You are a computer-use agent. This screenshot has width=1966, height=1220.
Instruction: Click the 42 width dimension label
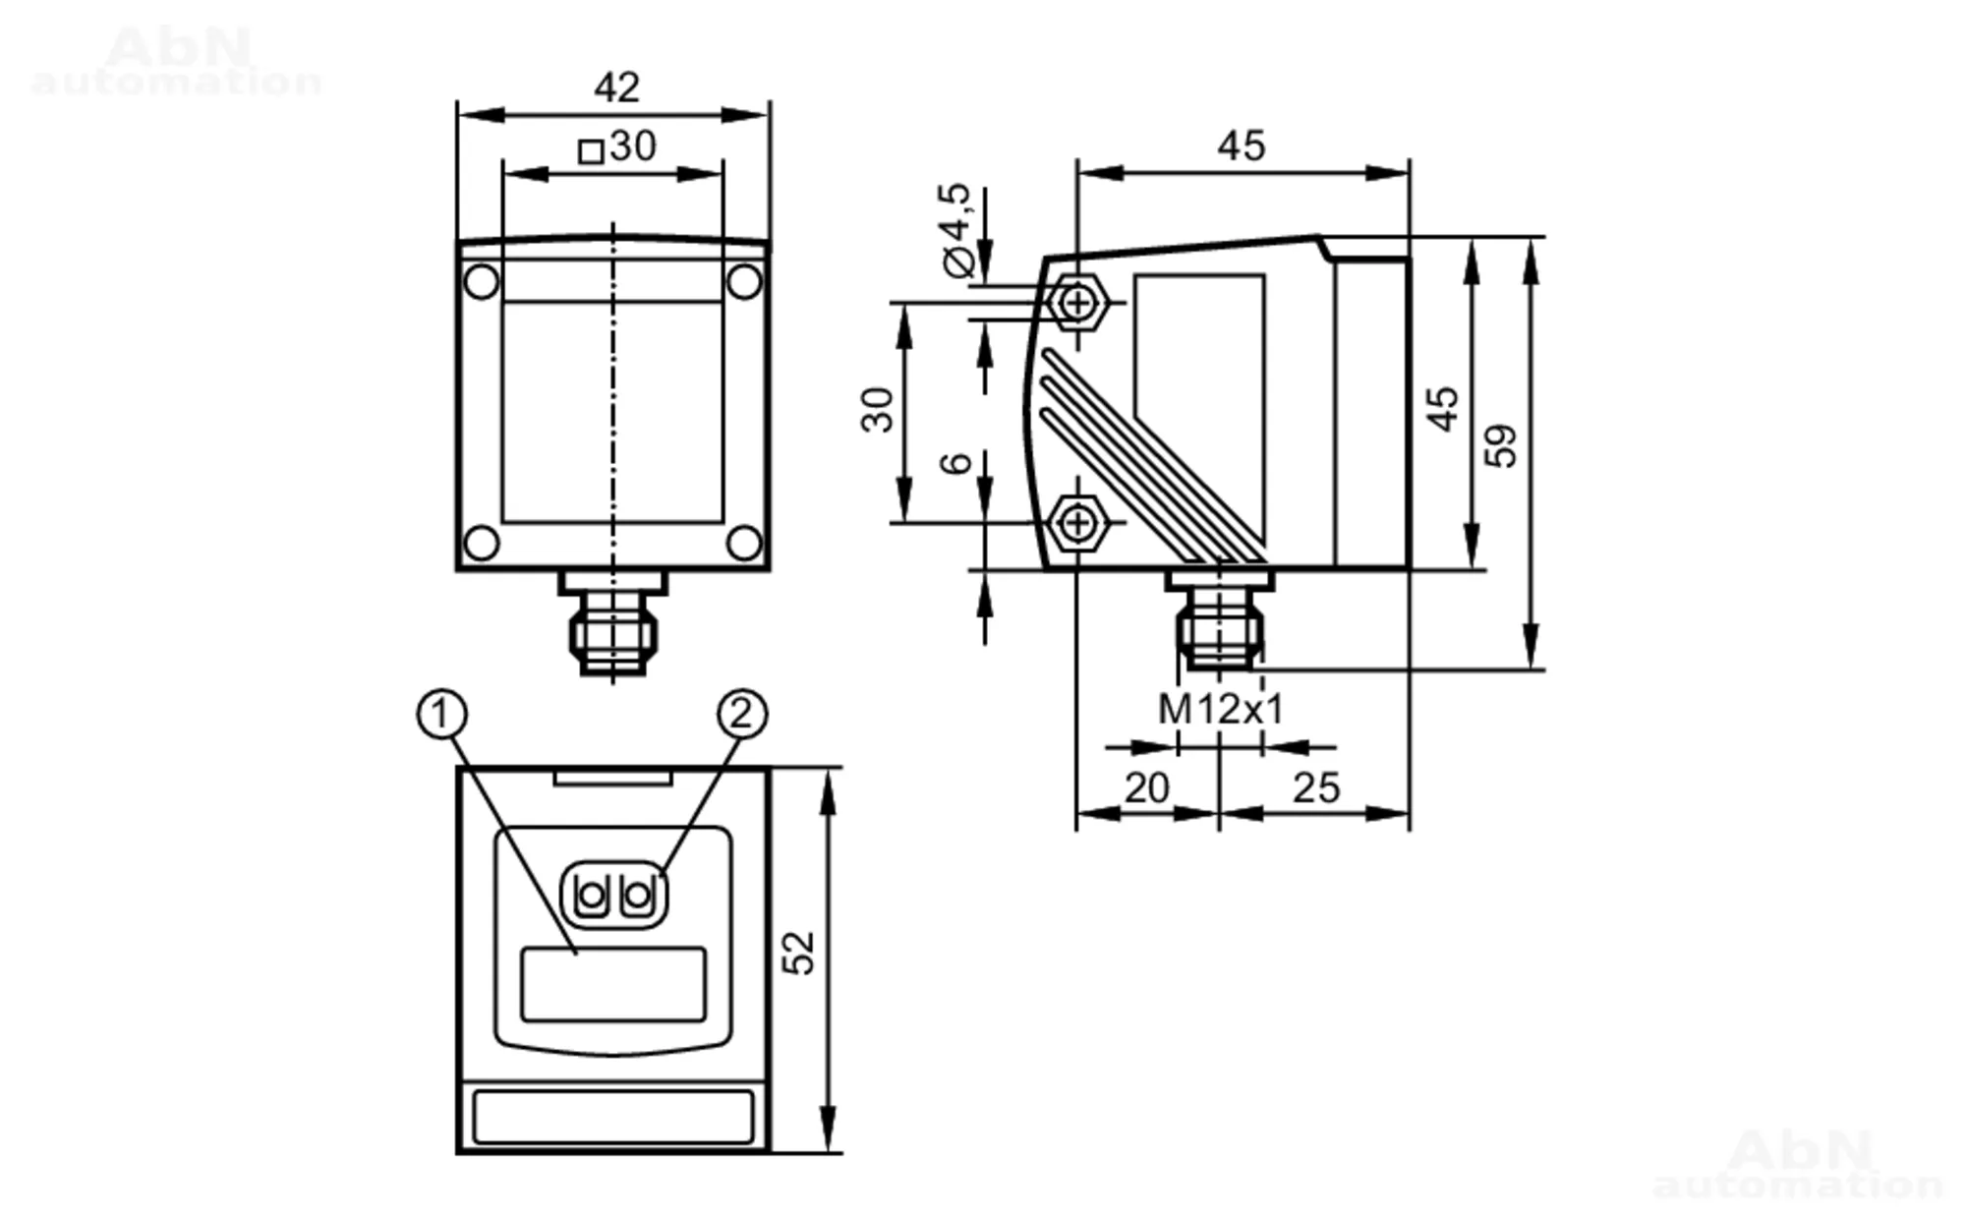pyautogui.click(x=616, y=87)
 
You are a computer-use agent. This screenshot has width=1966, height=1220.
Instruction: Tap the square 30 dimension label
pyautogui.click(x=617, y=147)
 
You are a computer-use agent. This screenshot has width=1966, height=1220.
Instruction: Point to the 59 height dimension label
pyautogui.click(x=1500, y=446)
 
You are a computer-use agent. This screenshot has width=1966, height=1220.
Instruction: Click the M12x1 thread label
pyautogui.click(x=1221, y=709)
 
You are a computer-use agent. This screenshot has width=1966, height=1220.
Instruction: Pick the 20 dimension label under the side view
pyautogui.click(x=1146, y=788)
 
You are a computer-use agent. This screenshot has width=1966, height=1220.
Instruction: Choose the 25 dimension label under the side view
pyautogui.click(x=1316, y=788)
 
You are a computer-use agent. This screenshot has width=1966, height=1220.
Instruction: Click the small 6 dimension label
pyautogui.click(x=955, y=462)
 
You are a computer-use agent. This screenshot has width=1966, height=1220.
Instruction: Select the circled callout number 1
pyautogui.click(x=441, y=714)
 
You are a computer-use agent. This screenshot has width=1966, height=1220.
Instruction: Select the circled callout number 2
pyautogui.click(x=742, y=714)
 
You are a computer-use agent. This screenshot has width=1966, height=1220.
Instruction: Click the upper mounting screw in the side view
pyautogui.click(x=1078, y=302)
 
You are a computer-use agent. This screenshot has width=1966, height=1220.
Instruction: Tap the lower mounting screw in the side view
pyautogui.click(x=1078, y=522)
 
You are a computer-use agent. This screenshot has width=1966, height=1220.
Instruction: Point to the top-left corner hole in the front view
pyautogui.click(x=481, y=282)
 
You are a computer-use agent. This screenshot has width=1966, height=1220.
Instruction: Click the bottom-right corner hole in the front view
pyautogui.click(x=744, y=543)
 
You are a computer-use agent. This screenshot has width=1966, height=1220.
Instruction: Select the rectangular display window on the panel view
pyautogui.click(x=613, y=984)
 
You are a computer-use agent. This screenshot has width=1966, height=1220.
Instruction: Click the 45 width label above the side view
pyautogui.click(x=1241, y=146)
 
